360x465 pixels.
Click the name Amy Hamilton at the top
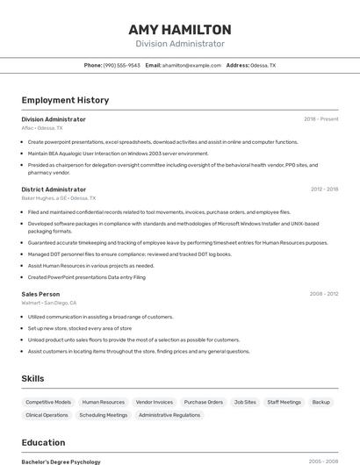tap(179, 30)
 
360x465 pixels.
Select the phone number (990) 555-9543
tap(121, 65)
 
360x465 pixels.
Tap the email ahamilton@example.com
tap(191, 65)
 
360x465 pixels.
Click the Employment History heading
tap(65, 100)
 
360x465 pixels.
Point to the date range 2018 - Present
tap(320, 119)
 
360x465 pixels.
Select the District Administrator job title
tap(54, 190)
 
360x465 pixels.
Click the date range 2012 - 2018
tap(324, 190)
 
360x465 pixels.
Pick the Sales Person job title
tap(40, 294)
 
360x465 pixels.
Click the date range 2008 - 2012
tap(324, 294)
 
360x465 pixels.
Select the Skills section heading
tap(33, 378)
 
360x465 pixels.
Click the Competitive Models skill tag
tap(48, 402)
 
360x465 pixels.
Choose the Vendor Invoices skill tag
tap(155, 402)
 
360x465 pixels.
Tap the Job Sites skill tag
tap(245, 402)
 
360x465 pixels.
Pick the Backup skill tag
tap(321, 402)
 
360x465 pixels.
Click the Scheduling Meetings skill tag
tap(104, 415)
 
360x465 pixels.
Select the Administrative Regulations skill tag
tap(169, 415)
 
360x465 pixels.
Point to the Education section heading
tap(43, 443)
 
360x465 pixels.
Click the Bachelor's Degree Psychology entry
tap(61, 461)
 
